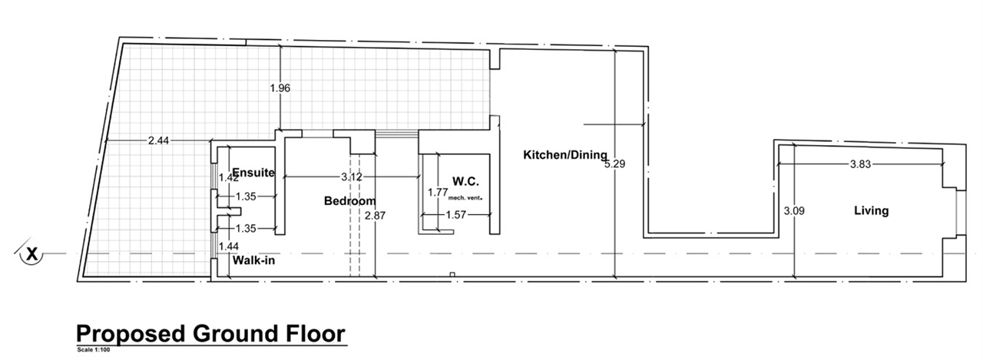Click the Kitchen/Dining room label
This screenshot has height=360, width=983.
pos(565,155)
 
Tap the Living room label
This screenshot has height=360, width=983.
pos(871,211)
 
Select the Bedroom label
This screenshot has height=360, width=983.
pos(349,201)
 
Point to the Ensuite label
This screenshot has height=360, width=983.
pos(253,173)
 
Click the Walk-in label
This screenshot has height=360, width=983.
pos(253,260)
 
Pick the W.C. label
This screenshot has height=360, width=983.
pos(465,181)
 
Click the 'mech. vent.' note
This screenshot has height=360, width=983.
pos(465,198)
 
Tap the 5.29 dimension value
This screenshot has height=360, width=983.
pos(615,164)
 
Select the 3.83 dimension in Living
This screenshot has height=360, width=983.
pos(860,164)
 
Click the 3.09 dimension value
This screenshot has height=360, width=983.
pos(794,211)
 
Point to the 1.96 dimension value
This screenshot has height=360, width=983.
pos(280,88)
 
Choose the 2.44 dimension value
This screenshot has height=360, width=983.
pos(158,140)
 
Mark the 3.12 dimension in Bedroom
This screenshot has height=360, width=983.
pos(352,177)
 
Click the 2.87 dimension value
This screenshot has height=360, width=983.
pos(375,215)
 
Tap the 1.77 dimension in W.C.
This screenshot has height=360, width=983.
pos(438,192)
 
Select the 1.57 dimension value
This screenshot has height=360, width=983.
pos(456,215)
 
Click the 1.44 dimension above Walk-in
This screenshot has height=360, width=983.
pos(229,246)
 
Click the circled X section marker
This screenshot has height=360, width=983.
pos(31,253)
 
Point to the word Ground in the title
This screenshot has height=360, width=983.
pos(236,334)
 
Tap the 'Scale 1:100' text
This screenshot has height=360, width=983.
pos(94,350)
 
